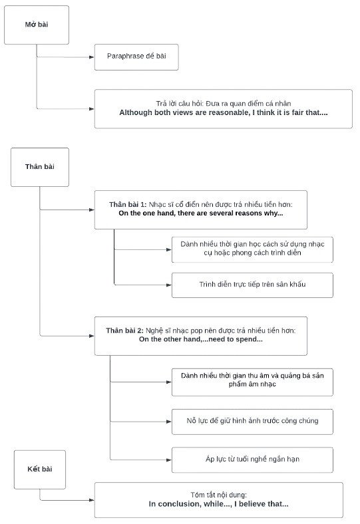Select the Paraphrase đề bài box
pos(136,57)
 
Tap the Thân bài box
pos(39,166)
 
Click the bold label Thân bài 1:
pos(128,204)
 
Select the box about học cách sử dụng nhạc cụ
pos(252,249)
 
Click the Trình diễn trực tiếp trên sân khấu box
pos(252,285)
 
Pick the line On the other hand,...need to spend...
pos(200,339)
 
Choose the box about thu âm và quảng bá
pos(252,380)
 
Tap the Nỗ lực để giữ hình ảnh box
pos(252,421)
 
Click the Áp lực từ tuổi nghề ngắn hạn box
pos(252,459)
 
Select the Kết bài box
pos(39,469)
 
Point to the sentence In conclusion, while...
pos(218,504)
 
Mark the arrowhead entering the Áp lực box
pos(168,459)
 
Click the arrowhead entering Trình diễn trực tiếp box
pos(168,285)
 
